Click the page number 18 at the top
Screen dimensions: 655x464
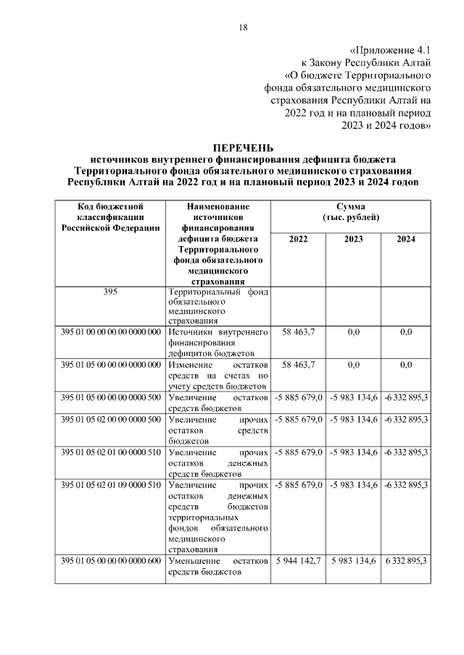(244, 28)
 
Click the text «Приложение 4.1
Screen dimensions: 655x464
(390, 51)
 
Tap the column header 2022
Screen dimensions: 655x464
(297, 240)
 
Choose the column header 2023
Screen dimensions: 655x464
(353, 240)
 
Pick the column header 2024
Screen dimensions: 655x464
(405, 240)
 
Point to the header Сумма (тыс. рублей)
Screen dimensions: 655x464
(351, 213)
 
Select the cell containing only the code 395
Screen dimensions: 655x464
(110, 292)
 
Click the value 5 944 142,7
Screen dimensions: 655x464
(297, 561)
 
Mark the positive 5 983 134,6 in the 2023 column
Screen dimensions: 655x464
(353, 561)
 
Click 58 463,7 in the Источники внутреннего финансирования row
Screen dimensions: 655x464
(297, 331)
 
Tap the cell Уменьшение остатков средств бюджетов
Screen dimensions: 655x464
(217, 567)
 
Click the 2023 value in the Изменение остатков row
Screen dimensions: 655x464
(353, 365)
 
